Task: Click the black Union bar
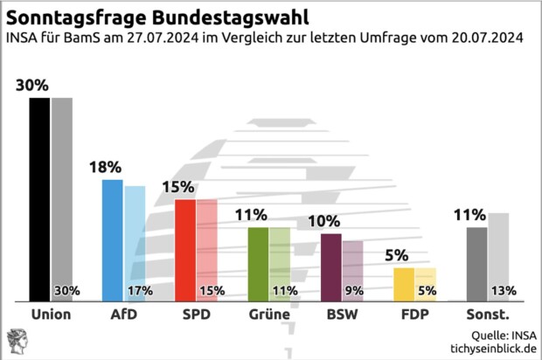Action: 39,199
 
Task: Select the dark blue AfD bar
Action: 112,240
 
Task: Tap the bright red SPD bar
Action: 184,250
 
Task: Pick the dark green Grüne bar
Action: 258,264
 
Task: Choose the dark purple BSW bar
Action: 330,267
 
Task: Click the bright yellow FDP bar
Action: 404,285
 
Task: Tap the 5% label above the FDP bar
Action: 397,255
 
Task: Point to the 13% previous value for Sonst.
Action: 502,291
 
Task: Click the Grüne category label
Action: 268,314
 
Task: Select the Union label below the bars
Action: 50,314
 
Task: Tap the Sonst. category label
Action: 487,314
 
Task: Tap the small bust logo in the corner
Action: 17,341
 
